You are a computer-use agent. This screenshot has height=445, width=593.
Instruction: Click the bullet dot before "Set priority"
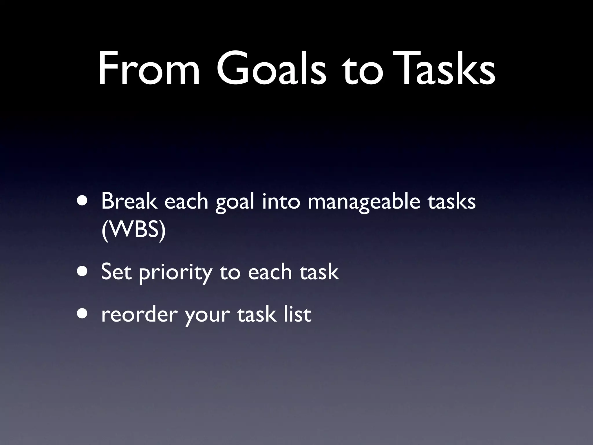(x=83, y=272)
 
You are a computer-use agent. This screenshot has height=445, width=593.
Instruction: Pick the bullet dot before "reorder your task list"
(x=83, y=314)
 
